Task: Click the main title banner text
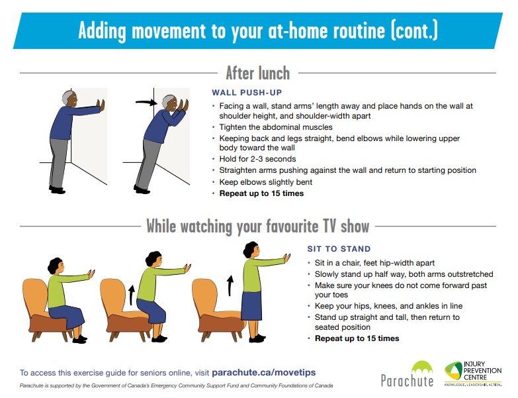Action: [x=257, y=30]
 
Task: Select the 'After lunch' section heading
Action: [x=257, y=72]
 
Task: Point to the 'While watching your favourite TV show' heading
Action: [x=257, y=226]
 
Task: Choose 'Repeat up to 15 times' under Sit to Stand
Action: [x=357, y=338]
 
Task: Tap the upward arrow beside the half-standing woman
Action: [x=130, y=293]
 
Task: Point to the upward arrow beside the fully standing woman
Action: [x=230, y=285]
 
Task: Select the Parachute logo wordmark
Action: [x=407, y=380]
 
